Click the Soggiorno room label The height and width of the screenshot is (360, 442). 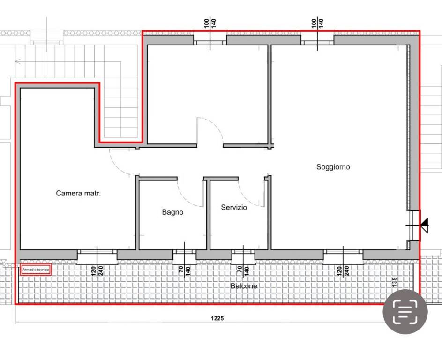pos(333,167)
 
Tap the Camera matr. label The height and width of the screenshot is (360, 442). pos(78,193)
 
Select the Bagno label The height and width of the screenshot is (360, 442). pos(172,212)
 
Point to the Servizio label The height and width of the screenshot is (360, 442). pos(234,208)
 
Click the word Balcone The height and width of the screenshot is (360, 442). pos(244,286)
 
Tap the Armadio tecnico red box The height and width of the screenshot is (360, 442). pos(36,270)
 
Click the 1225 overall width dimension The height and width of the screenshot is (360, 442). pos(217,318)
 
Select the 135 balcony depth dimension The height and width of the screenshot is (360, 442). pos(394,282)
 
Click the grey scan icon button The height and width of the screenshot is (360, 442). pos(405,312)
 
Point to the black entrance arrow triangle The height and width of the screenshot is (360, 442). pos(425,225)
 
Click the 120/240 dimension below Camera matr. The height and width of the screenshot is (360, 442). pos(97,270)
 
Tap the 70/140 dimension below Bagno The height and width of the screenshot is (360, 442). pos(185,270)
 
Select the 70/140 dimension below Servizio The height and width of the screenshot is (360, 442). pos(243,270)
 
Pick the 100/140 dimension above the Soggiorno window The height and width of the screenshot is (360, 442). pos(317,23)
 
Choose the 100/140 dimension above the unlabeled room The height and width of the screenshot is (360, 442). pos(210,23)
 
